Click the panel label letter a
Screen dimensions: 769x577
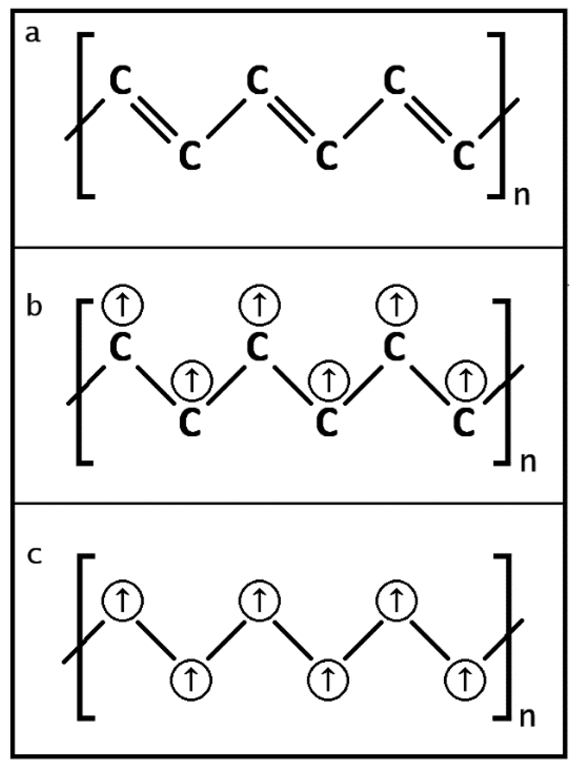(32, 34)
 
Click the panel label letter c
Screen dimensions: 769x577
(34, 555)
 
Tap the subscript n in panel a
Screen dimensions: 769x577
(522, 196)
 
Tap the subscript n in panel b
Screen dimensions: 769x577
(527, 463)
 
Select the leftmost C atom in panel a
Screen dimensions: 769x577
(121, 80)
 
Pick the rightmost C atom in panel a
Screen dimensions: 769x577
(464, 155)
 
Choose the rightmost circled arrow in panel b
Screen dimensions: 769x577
(466, 380)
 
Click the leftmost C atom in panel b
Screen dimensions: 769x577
(121, 346)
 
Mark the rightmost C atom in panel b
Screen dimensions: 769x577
(464, 422)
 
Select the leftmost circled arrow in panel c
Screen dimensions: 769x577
(123, 600)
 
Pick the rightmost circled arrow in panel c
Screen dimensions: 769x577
(465, 680)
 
